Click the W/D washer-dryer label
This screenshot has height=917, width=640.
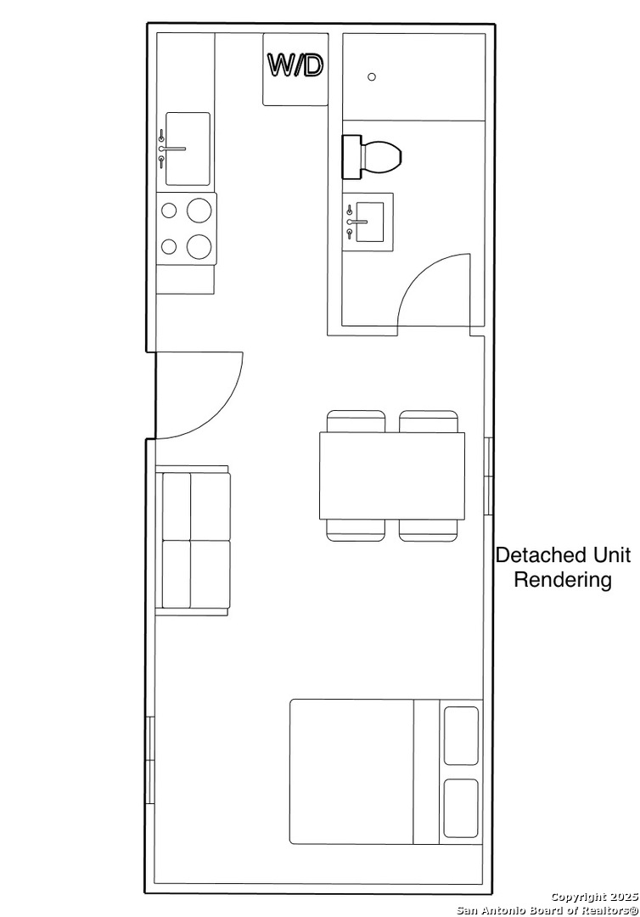point(295,65)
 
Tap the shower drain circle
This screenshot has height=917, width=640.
point(372,76)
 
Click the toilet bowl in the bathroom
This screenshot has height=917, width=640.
point(382,156)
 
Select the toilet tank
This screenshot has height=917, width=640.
point(351,157)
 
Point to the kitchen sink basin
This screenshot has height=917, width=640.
point(188,149)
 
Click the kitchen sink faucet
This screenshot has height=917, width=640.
point(171,149)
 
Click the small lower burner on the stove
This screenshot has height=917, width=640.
point(169,247)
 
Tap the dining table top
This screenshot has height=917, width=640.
point(392,475)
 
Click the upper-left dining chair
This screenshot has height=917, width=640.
point(356,421)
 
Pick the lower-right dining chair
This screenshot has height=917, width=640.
point(429,530)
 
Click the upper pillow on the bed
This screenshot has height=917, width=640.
point(461,735)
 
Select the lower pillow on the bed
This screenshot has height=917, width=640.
point(461,808)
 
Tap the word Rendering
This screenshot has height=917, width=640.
point(563,580)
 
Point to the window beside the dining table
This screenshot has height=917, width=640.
point(489,476)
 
